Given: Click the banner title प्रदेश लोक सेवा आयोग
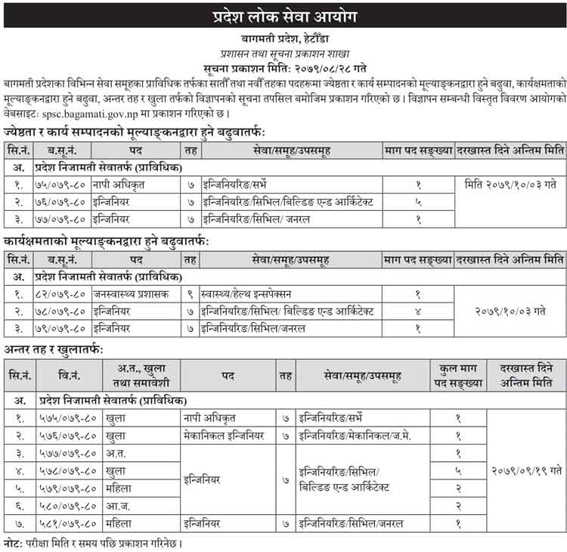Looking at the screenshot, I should (x=283, y=16).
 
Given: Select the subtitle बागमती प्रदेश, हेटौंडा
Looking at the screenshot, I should (x=283, y=37).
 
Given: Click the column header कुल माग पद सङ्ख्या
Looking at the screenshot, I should (x=457, y=375).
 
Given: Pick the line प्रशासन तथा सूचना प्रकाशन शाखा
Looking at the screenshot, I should (x=283, y=51).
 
